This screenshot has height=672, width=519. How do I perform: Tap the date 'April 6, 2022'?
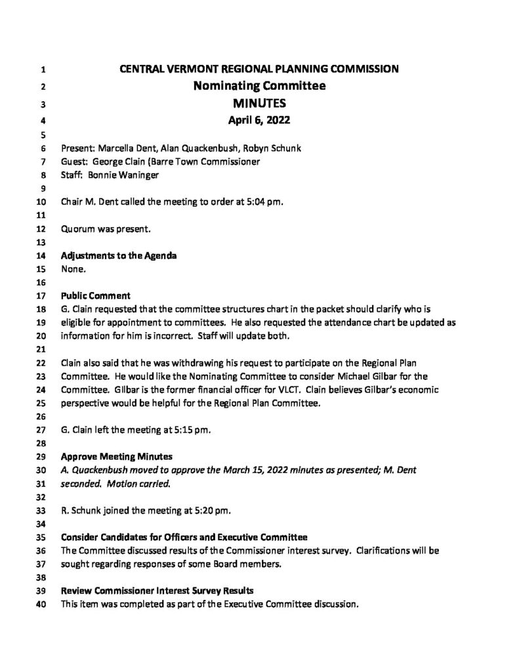tap(259, 119)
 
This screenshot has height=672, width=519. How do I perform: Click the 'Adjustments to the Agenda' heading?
tap(118, 255)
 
